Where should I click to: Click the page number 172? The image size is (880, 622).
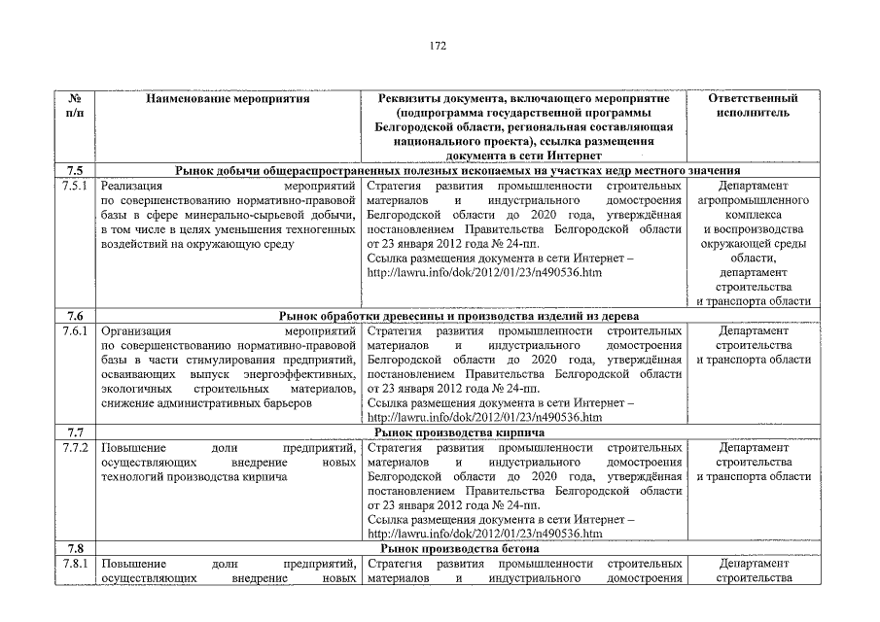pyautogui.click(x=438, y=45)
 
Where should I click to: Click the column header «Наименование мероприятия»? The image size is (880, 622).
pyautogui.click(x=228, y=99)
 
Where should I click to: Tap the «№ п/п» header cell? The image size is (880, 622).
pyautogui.click(x=74, y=106)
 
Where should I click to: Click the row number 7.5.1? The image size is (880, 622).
pyautogui.click(x=74, y=185)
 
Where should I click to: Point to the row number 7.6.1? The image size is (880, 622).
pyautogui.click(x=74, y=330)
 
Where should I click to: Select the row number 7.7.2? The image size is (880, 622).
pyautogui.click(x=74, y=447)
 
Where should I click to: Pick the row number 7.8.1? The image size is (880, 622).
pyautogui.click(x=74, y=564)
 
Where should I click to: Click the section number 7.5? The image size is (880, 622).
pyautogui.click(x=74, y=170)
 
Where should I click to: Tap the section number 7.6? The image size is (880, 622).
pyautogui.click(x=74, y=316)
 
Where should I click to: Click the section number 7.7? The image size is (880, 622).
pyautogui.click(x=74, y=432)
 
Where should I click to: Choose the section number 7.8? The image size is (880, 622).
pyautogui.click(x=74, y=548)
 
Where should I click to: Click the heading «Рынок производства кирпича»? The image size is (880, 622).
pyautogui.click(x=458, y=432)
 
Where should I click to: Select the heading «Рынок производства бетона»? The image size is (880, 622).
pyautogui.click(x=457, y=548)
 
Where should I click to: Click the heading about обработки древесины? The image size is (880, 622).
pyautogui.click(x=458, y=316)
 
